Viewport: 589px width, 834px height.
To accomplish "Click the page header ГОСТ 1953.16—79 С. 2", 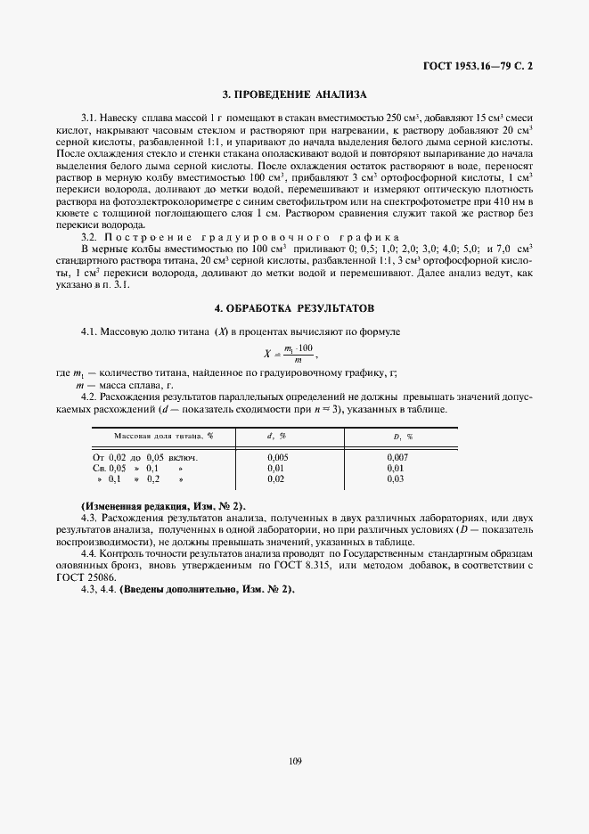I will pos(479,65).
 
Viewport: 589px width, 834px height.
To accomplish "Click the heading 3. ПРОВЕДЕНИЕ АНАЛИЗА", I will pos(294,94).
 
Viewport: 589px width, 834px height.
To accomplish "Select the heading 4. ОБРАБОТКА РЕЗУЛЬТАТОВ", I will pos(294,307).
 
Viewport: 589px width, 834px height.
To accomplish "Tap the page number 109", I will pos(295,760).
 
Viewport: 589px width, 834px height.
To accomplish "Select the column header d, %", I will pos(276,436).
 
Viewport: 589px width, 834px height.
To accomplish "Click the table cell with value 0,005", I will pos(277,456).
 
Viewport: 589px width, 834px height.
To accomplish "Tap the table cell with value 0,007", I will pos(397,456).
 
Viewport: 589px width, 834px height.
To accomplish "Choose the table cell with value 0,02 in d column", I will pos(276,478).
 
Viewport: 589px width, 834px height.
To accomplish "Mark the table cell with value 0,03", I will pos(396,478).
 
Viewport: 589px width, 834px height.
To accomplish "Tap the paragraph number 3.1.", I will pos(88,119).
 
